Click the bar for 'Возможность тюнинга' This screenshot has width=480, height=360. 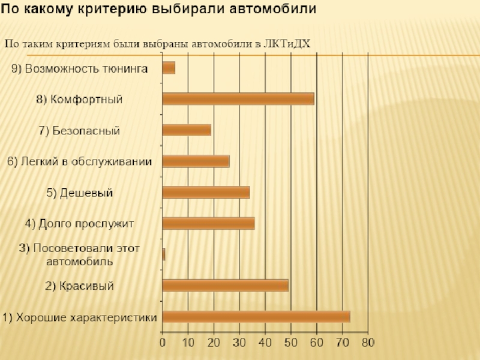click(169, 68)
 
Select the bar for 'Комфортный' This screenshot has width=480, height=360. click(238, 99)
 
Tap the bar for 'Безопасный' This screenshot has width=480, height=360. click(187, 130)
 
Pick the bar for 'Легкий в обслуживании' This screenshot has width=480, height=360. click(196, 161)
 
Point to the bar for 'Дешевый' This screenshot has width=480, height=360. click(206, 192)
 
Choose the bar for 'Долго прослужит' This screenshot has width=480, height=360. click(208, 223)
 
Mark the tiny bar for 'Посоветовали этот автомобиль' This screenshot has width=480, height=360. click(164, 254)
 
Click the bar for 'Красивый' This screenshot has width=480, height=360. click(225, 286)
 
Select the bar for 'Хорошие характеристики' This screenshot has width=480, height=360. click(256, 317)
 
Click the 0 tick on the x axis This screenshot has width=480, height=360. click(163, 343)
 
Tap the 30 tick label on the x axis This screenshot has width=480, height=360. click(239, 343)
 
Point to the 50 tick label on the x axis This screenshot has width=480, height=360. click(290, 343)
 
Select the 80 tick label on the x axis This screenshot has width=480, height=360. click(367, 343)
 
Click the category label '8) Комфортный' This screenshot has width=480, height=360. click(80, 99)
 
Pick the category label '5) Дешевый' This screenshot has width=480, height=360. click(80, 193)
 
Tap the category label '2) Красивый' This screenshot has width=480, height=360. click(80, 286)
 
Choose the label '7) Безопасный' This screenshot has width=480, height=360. click(80, 130)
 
